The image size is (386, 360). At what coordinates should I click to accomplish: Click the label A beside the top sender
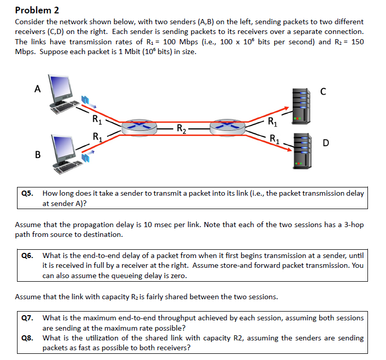[x=37, y=89]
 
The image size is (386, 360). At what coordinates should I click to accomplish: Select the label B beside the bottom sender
[x=37, y=153]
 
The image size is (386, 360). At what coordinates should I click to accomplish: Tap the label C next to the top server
[x=323, y=92]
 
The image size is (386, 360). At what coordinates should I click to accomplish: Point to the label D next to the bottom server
[x=326, y=143]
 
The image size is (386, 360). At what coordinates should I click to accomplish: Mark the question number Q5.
[x=27, y=194]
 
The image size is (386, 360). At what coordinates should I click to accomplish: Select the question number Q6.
[x=27, y=255]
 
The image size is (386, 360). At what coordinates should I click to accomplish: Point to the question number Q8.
[x=27, y=338]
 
